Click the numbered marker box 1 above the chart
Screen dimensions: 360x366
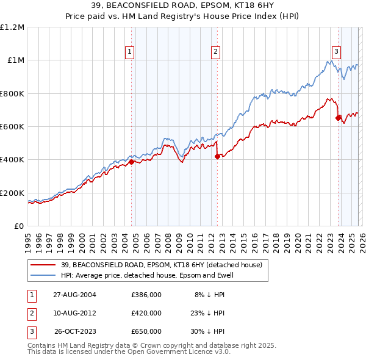(x=131, y=52)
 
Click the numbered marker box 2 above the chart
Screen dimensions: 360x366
(x=216, y=52)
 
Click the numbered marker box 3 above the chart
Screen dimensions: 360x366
(x=336, y=52)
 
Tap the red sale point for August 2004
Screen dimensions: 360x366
(x=131, y=162)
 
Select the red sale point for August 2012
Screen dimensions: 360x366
(x=217, y=157)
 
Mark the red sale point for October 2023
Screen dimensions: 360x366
(x=338, y=118)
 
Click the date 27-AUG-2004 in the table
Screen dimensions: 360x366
(x=74, y=295)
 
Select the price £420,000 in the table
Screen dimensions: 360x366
(x=146, y=313)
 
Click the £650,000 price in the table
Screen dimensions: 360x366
(x=146, y=331)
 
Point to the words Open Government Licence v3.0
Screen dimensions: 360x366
(x=184, y=352)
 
